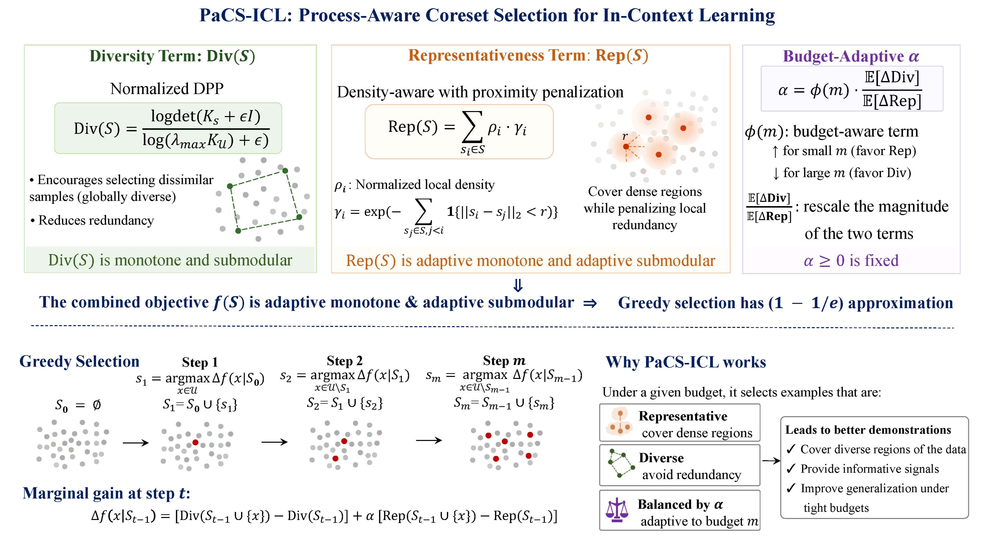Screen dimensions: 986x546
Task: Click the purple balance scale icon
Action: pos(617,510)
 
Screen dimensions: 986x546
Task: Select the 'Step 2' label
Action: pos(345,361)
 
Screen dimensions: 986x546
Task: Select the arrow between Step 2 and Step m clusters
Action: pos(429,440)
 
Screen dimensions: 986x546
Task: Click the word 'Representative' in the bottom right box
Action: pos(683,416)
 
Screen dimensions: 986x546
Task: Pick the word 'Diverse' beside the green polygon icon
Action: pos(661,458)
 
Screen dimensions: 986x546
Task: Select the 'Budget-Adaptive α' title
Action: pos(851,56)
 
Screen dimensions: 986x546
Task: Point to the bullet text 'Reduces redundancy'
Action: pos(92,220)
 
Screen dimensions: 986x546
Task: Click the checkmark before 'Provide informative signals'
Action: pos(791,468)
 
